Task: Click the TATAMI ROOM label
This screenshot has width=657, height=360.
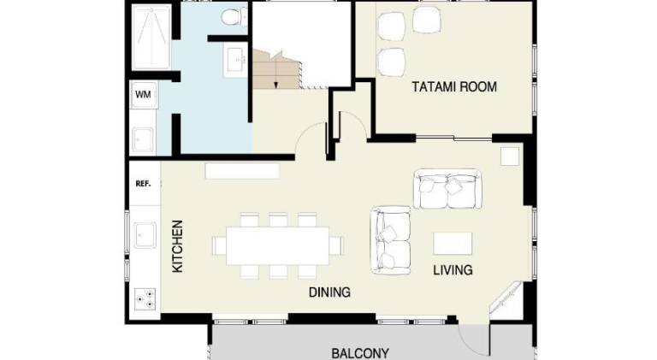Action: point(454,87)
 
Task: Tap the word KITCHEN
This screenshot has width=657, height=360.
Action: point(178,246)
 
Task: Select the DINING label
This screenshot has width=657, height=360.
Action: point(329,292)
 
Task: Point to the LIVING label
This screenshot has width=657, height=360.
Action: point(453,270)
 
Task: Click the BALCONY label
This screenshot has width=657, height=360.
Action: point(360,353)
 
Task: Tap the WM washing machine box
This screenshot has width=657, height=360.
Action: point(144,95)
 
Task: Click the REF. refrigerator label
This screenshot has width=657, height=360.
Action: point(143,183)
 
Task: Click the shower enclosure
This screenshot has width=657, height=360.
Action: point(151,38)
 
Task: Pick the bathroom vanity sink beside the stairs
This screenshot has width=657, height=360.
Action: point(235,60)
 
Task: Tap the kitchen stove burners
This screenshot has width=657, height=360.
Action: point(145,300)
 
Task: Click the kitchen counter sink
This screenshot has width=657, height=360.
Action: point(145,235)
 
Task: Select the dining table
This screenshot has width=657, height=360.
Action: point(278,245)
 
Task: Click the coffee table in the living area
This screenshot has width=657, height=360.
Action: point(453,244)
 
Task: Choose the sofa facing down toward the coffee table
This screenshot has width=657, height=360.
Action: point(447,189)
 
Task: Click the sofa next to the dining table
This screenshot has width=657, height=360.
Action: point(390,240)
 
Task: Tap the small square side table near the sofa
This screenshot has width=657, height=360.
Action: point(510,156)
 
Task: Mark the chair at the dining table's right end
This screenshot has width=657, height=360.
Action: point(336,245)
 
